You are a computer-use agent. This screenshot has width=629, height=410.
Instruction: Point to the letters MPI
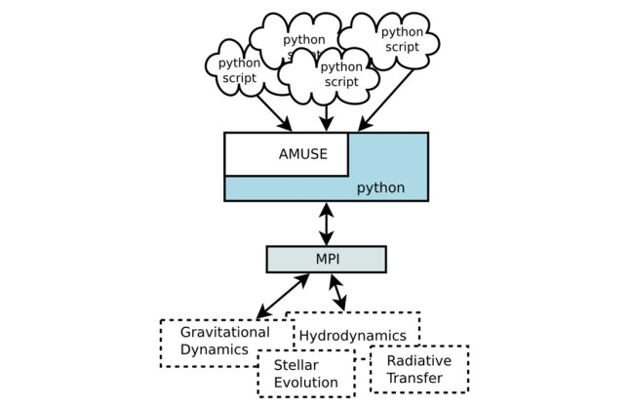tap(326, 259)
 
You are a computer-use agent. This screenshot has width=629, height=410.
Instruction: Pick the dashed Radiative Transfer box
tap(418, 368)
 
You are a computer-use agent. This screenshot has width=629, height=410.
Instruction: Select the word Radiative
tap(418, 359)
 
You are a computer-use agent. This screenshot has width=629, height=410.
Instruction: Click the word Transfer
tap(418, 377)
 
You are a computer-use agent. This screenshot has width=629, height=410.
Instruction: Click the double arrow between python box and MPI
tap(326, 223)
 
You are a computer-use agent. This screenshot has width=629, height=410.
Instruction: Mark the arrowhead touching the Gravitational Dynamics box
tap(260, 314)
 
